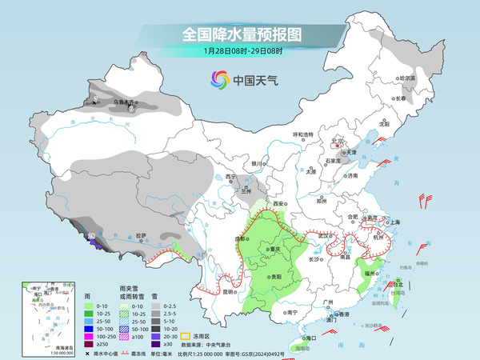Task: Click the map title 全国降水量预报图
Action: [x=240, y=34]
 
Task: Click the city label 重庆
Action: [x=275, y=250]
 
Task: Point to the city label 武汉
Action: [x=324, y=236]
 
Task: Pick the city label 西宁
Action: [x=232, y=176]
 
